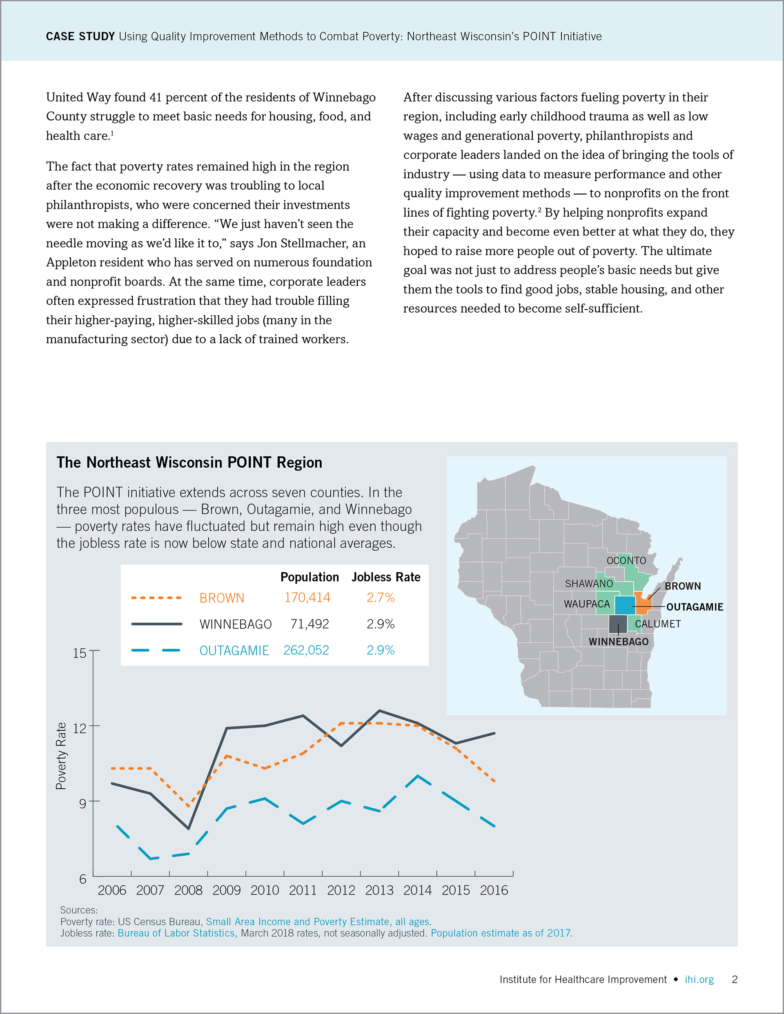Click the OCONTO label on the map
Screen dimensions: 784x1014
[626, 560]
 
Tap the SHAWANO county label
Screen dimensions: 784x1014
[589, 584]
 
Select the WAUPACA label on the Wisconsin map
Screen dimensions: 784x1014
[586, 604]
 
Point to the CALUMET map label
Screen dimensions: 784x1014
[657, 624]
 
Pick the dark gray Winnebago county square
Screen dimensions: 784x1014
[618, 624]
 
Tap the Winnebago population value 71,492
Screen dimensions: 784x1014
[310, 624]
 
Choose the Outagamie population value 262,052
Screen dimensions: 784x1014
[306, 650]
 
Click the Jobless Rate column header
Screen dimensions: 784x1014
[386, 577]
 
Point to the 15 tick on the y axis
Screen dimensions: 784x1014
[80, 653]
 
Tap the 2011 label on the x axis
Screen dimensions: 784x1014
[303, 890]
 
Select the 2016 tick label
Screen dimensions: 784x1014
[494, 890]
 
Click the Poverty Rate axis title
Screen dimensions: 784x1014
[61, 756]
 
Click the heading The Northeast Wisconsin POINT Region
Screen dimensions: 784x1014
[189, 462]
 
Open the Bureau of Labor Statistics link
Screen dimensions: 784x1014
[178, 933]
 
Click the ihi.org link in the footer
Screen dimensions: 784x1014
[699, 980]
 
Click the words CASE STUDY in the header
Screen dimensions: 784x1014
[80, 37]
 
